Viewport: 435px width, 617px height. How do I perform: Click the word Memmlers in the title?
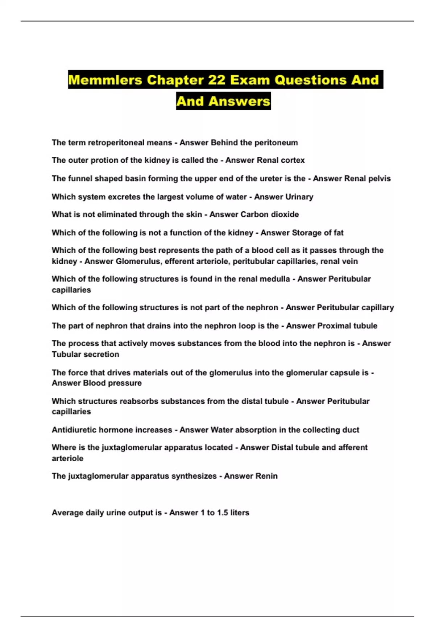point(105,80)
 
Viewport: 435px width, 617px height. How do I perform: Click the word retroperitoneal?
point(116,143)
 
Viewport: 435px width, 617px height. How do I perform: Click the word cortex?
point(292,160)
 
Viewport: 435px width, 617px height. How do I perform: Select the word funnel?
point(80,179)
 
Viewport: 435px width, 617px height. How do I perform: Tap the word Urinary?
point(299,197)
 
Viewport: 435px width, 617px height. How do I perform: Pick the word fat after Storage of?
point(338,233)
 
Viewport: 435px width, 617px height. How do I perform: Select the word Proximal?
point(332,326)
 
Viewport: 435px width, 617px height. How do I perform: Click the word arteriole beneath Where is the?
point(67,458)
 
